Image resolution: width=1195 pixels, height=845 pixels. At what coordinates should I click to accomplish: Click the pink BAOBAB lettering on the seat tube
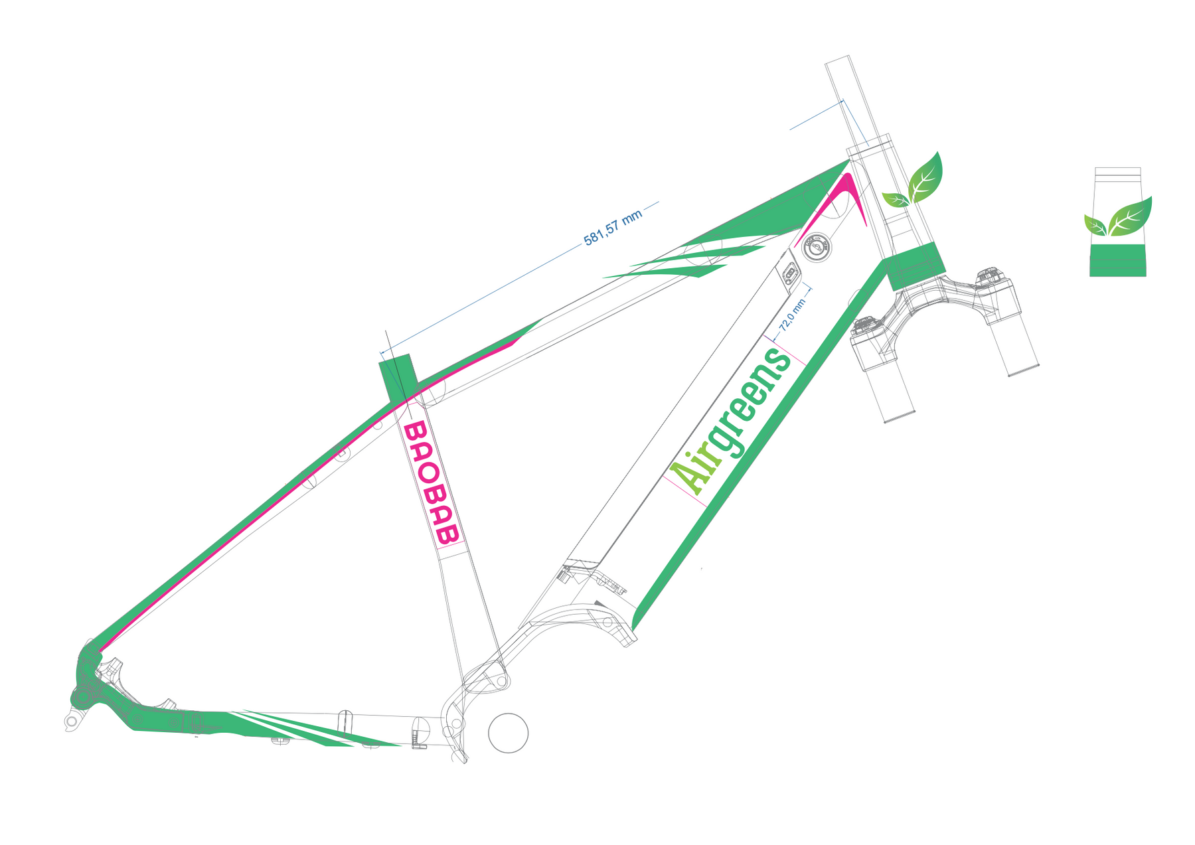(x=431, y=483)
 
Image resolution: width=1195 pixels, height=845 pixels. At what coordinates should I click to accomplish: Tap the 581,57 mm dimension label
(x=612, y=228)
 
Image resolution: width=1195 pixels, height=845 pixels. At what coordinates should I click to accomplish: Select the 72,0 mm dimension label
(x=792, y=315)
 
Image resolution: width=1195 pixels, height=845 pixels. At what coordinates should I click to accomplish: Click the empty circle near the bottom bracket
(x=508, y=733)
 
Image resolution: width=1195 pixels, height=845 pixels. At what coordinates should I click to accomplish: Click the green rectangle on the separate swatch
(x=1117, y=260)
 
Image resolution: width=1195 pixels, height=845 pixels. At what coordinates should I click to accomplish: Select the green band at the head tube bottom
(x=916, y=266)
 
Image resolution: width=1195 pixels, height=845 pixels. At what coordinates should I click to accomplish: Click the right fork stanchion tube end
(x=1022, y=368)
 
